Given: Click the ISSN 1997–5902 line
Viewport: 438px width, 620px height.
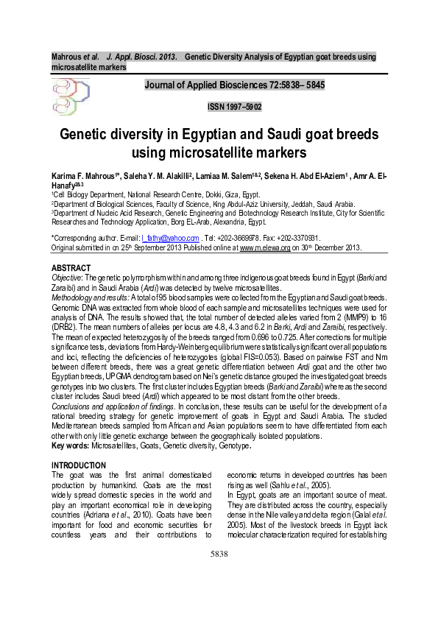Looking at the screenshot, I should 235,107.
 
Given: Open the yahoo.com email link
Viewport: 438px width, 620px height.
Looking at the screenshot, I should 170,239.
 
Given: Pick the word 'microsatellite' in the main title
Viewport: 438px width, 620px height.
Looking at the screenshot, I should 216,153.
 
